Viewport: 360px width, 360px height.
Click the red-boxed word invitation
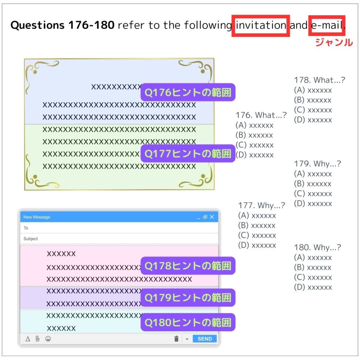coord(261,25)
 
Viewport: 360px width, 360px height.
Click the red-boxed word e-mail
coord(327,25)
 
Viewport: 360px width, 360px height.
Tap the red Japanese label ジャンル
coord(334,43)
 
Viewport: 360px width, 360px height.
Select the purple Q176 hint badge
coord(188,92)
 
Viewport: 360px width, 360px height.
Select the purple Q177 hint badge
coord(188,154)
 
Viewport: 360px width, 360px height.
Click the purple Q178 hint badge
coord(188,266)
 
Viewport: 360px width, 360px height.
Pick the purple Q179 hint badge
coord(188,297)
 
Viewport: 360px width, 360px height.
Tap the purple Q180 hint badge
coord(188,322)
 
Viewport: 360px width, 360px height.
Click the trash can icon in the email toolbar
coord(176,339)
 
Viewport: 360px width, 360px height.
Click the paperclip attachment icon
coord(37,339)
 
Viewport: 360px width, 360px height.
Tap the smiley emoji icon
coord(48,339)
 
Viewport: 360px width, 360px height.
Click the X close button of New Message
coord(212,217)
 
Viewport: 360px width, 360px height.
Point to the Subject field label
coord(31,239)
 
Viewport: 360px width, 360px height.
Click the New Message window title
coord(37,217)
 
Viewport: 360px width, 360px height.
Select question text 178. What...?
coord(320,80)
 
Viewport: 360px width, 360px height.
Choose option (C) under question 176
coord(255,145)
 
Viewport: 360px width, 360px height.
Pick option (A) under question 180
coord(313,258)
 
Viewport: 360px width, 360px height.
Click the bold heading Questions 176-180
coord(63,25)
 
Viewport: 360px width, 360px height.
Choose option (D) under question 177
coord(257,245)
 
